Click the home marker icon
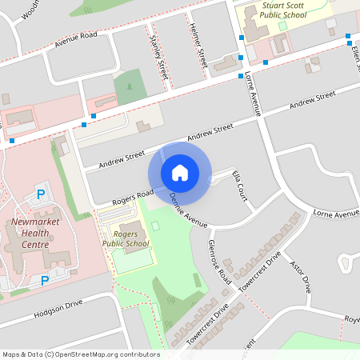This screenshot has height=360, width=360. pyautogui.click(x=180, y=172)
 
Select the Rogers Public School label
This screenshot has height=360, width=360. pyautogui.click(x=126, y=238)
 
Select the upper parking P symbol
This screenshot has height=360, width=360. pyautogui.click(x=42, y=194)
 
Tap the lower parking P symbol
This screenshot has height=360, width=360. pyautogui.click(x=45, y=281)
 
